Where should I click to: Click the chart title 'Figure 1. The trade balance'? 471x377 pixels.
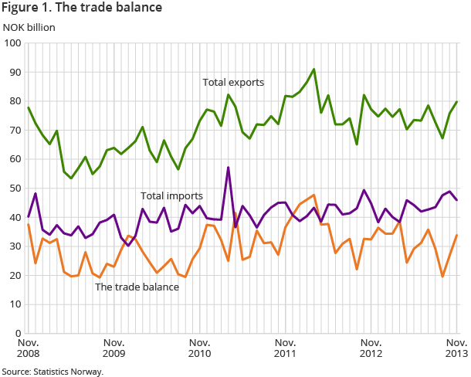pos(83,8)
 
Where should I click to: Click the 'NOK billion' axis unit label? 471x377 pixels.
pos(29,28)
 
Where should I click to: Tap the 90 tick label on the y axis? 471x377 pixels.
pos(14,73)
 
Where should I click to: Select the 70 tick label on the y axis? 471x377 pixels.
pos(14,131)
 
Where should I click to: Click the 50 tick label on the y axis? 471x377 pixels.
pos(14,188)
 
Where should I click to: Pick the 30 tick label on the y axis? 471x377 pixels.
pos(14,246)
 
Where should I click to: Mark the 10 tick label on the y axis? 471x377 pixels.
pos(14,304)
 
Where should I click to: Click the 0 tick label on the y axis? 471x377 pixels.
pos(17,333)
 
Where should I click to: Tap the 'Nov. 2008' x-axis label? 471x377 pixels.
pos(28,348)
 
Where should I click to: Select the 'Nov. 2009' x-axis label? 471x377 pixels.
pos(114,348)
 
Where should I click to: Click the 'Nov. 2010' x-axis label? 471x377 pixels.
pos(199,348)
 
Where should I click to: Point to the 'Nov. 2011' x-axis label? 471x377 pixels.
pos(285,348)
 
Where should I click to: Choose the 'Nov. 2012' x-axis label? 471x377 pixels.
pos(371,348)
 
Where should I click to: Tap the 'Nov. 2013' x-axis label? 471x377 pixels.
pos(455,348)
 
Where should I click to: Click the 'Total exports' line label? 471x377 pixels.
pos(233,82)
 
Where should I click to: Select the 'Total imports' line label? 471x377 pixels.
pos(171,196)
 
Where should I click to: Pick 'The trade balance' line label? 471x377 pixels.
pos(137,287)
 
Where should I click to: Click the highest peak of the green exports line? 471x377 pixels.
pos(313,70)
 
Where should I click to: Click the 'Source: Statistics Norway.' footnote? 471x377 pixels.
pos(52,371)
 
